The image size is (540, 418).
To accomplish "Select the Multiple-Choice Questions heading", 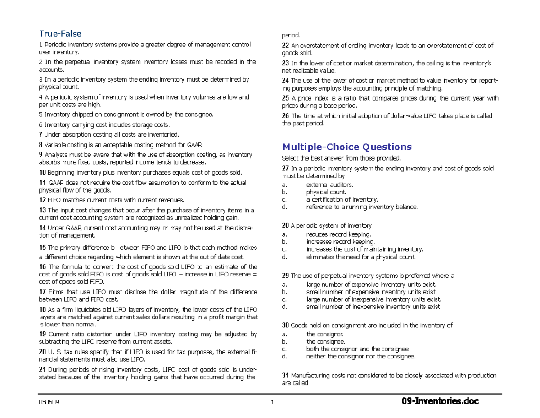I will [x=346, y=147].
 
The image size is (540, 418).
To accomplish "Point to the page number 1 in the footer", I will [x=273, y=403].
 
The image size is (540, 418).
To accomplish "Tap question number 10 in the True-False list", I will [x=43, y=172].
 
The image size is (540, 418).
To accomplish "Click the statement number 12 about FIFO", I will [x=43, y=200].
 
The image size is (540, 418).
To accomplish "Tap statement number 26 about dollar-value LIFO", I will [x=285, y=116].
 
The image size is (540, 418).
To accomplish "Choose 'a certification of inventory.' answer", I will [x=342, y=199].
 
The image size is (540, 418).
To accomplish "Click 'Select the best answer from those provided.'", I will [x=340, y=158].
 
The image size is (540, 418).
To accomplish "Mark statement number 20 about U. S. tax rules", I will [x=43, y=352].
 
